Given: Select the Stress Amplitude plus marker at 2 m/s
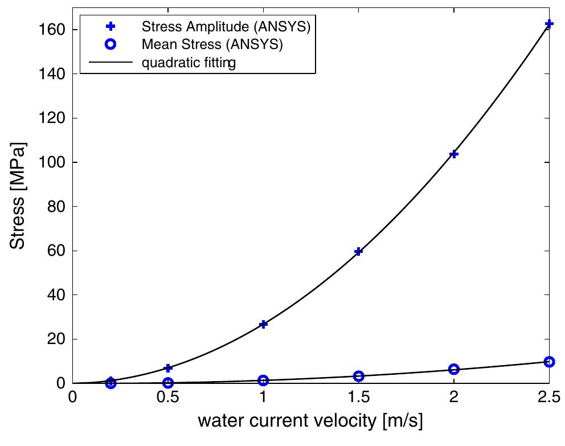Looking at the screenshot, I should click(454, 154).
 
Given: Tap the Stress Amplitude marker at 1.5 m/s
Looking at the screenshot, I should click(358, 251).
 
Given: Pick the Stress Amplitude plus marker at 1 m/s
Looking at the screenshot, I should click(263, 324).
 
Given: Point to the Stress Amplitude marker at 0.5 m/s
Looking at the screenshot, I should click(168, 368).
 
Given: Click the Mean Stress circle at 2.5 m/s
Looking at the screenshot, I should click(549, 362).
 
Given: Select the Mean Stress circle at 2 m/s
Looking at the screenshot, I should click(454, 369).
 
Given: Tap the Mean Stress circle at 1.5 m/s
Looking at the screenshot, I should click(358, 376).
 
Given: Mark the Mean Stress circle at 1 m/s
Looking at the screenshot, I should click(263, 380).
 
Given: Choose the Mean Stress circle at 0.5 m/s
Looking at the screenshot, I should click(168, 383).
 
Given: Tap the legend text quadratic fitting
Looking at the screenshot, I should click(189, 63).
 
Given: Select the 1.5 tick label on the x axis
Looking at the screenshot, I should click(358, 397).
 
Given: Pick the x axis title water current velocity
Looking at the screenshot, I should click(310, 422).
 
